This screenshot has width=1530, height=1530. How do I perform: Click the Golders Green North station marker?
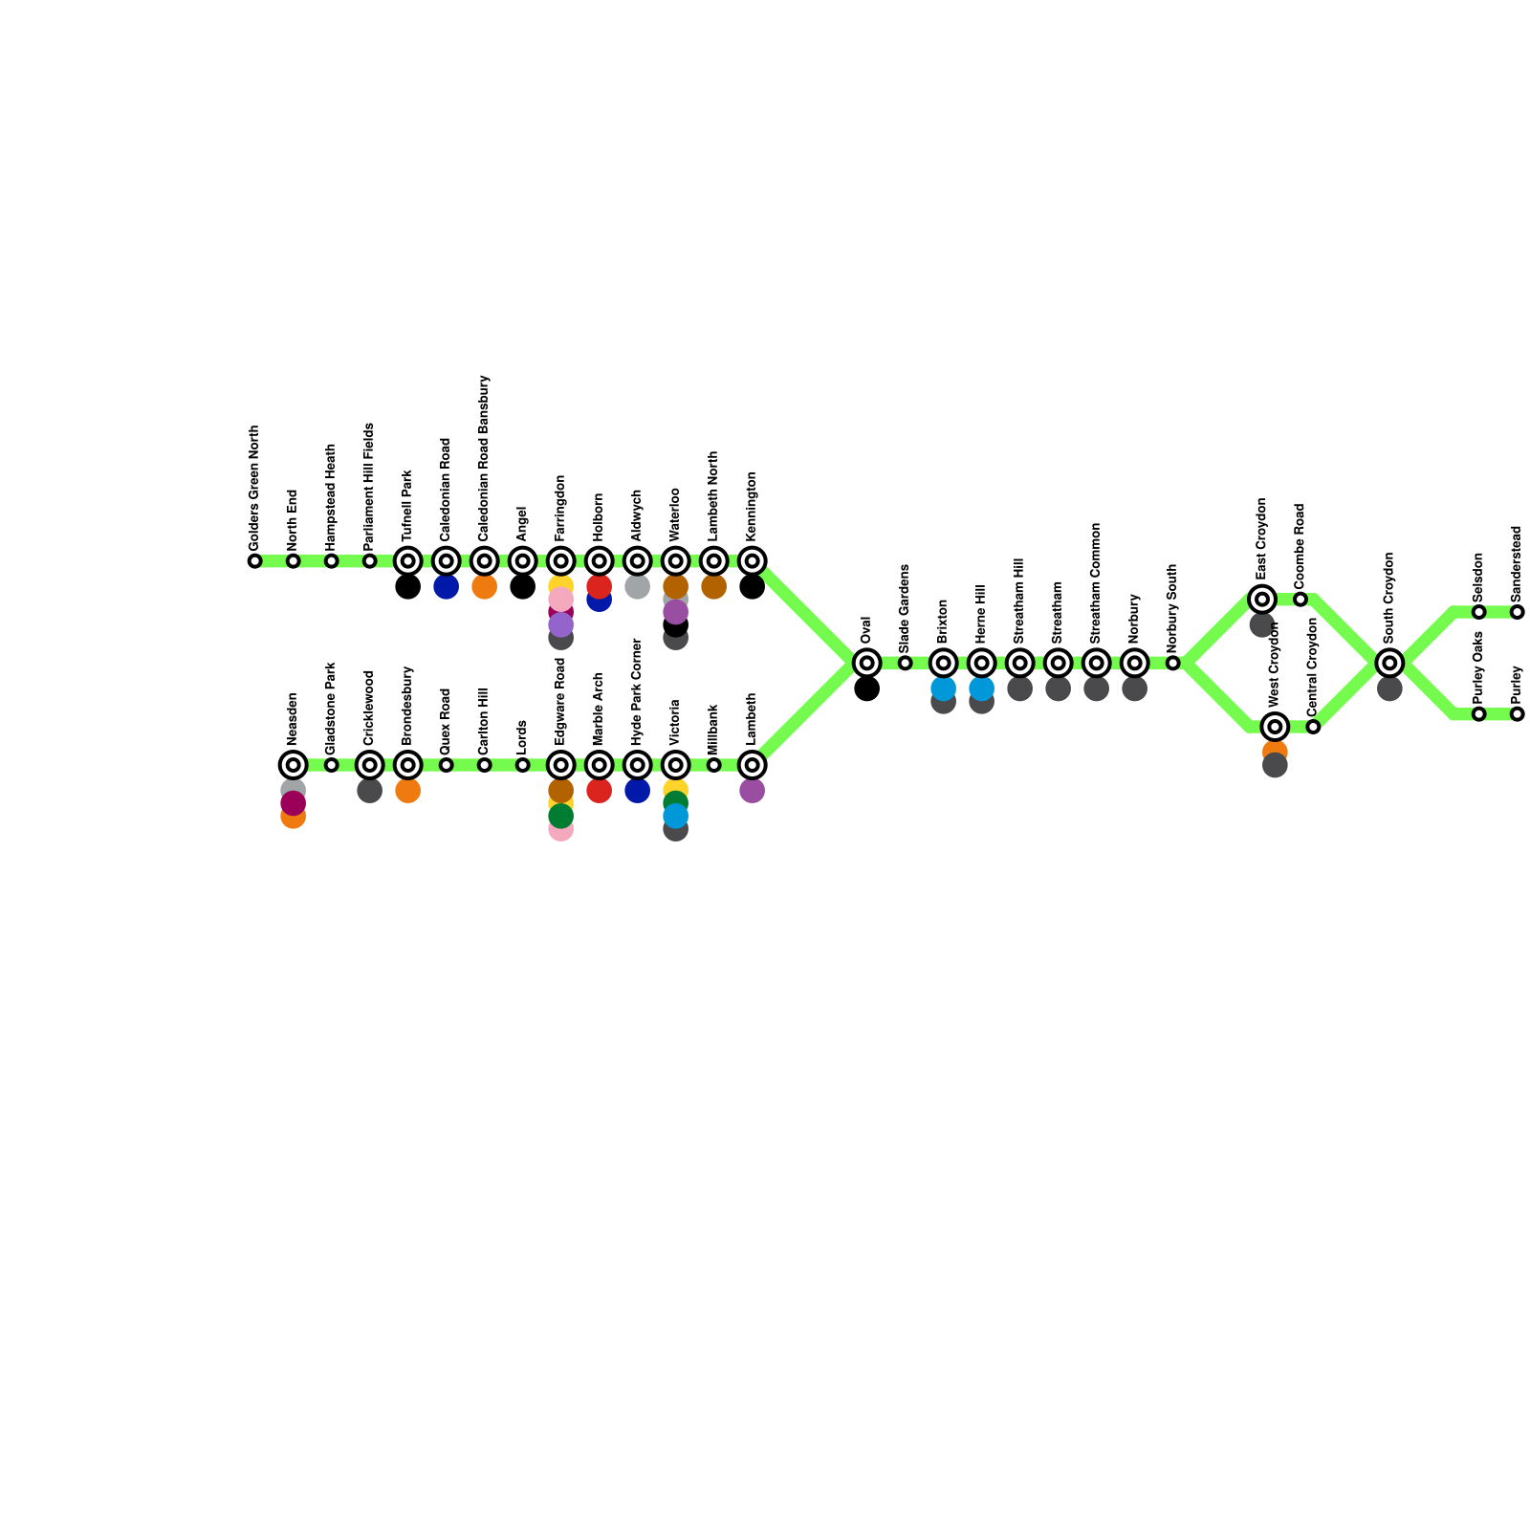pyautogui.click(x=254, y=561)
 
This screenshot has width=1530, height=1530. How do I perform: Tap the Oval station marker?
pyautogui.click(x=866, y=663)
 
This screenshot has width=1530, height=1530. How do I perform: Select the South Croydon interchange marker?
pyautogui.click(x=1389, y=663)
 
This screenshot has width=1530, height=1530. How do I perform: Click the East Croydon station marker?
pyautogui.click(x=1262, y=600)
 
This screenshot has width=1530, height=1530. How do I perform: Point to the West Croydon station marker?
pyautogui.click(x=1275, y=727)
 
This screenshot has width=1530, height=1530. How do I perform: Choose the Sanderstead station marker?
pyautogui.click(x=1517, y=612)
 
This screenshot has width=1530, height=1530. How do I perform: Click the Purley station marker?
pyautogui.click(x=1517, y=714)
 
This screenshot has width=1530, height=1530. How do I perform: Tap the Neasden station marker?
pyautogui.click(x=293, y=765)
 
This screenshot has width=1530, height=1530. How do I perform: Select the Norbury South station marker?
pyautogui.click(x=1172, y=663)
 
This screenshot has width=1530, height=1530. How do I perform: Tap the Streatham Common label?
pyautogui.click(x=1096, y=582)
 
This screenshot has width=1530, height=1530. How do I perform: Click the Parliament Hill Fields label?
pyautogui.click(x=369, y=485)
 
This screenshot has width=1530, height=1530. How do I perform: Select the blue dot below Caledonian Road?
pyautogui.click(x=446, y=587)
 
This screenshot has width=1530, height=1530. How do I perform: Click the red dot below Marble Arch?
pyautogui.click(x=599, y=791)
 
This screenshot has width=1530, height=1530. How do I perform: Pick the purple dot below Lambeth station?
pyautogui.click(x=752, y=791)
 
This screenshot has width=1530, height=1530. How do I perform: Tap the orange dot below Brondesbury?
pyautogui.click(x=407, y=791)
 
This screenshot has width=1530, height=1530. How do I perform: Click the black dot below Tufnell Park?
pyautogui.click(x=407, y=587)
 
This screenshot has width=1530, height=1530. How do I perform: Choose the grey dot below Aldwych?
pyautogui.click(x=637, y=587)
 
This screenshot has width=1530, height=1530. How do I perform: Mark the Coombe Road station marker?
pyautogui.click(x=1300, y=600)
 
